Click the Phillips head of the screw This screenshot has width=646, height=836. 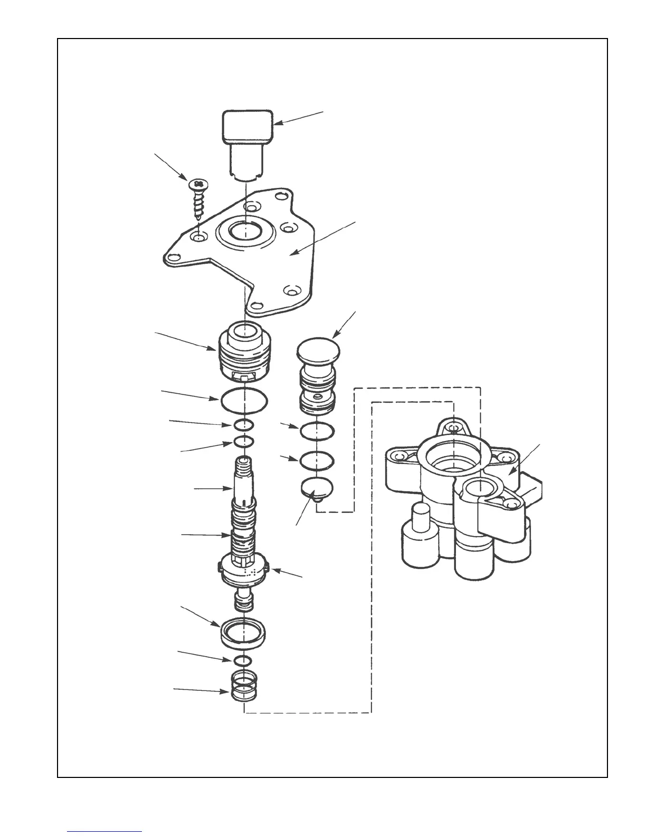(198, 184)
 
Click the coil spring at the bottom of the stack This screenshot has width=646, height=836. (244, 686)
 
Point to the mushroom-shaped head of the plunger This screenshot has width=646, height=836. (318, 349)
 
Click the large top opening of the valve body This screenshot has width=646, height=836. (453, 454)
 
